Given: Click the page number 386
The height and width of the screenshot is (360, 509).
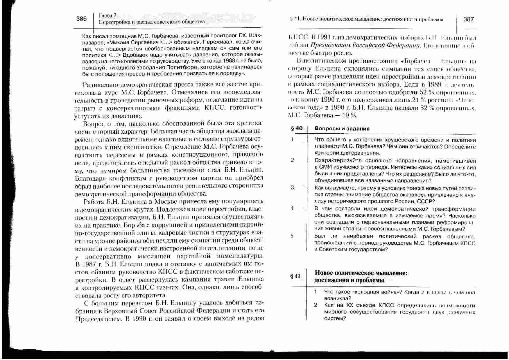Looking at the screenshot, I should [x=81, y=19].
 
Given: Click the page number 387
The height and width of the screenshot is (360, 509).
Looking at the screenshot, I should [x=469, y=19].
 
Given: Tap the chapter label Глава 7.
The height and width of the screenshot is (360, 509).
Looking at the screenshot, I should [x=108, y=16].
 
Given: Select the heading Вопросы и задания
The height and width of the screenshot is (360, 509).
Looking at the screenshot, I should [x=342, y=129].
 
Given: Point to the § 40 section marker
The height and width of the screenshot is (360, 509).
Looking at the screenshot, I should [x=296, y=128].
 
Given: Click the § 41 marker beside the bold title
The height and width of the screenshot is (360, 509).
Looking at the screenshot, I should [x=295, y=276].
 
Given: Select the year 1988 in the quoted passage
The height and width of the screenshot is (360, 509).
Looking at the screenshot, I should [x=228, y=61].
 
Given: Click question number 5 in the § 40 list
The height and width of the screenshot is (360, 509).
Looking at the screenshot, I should [x=292, y=236].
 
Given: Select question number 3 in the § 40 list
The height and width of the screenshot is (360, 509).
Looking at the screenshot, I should [x=292, y=188].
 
